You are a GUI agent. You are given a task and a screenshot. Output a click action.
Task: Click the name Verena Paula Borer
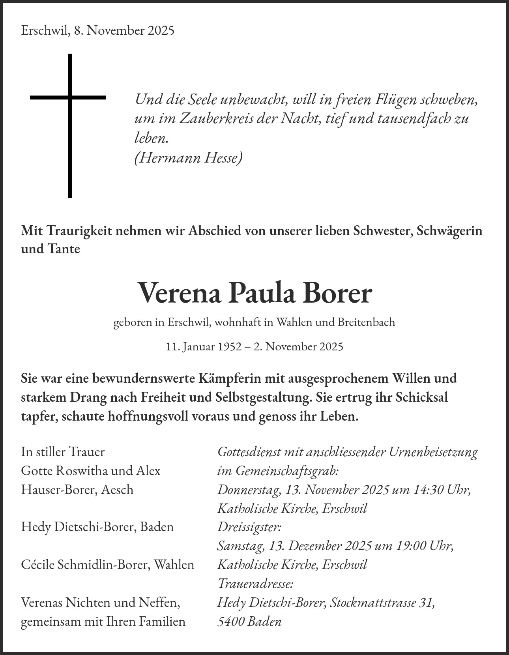coord(254,293)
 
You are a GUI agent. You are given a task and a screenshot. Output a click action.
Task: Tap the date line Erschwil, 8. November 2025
coord(97,30)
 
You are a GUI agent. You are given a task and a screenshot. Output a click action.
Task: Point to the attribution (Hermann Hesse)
coord(188,158)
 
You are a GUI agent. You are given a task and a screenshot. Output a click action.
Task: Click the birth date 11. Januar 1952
coord(204,346)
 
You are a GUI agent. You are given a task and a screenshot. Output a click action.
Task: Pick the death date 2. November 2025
coord(298,346)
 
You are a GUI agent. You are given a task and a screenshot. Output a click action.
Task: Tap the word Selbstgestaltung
coord(264,397)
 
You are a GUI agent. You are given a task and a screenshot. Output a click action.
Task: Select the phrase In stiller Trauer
coord(63,451)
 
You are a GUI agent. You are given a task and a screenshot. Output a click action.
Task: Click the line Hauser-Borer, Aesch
coord(77,489)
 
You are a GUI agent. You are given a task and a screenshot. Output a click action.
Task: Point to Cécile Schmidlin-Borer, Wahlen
coord(107,565)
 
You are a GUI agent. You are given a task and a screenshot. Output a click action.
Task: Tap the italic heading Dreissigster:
coord(249,527)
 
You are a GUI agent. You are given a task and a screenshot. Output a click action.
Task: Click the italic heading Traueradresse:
coord(255,583)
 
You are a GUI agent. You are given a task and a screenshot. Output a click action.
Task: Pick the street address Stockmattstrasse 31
coord(382,603)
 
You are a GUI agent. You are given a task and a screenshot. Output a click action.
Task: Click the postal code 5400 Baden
coord(249,621)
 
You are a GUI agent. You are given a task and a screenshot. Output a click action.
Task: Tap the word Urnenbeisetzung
coord(433,451)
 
